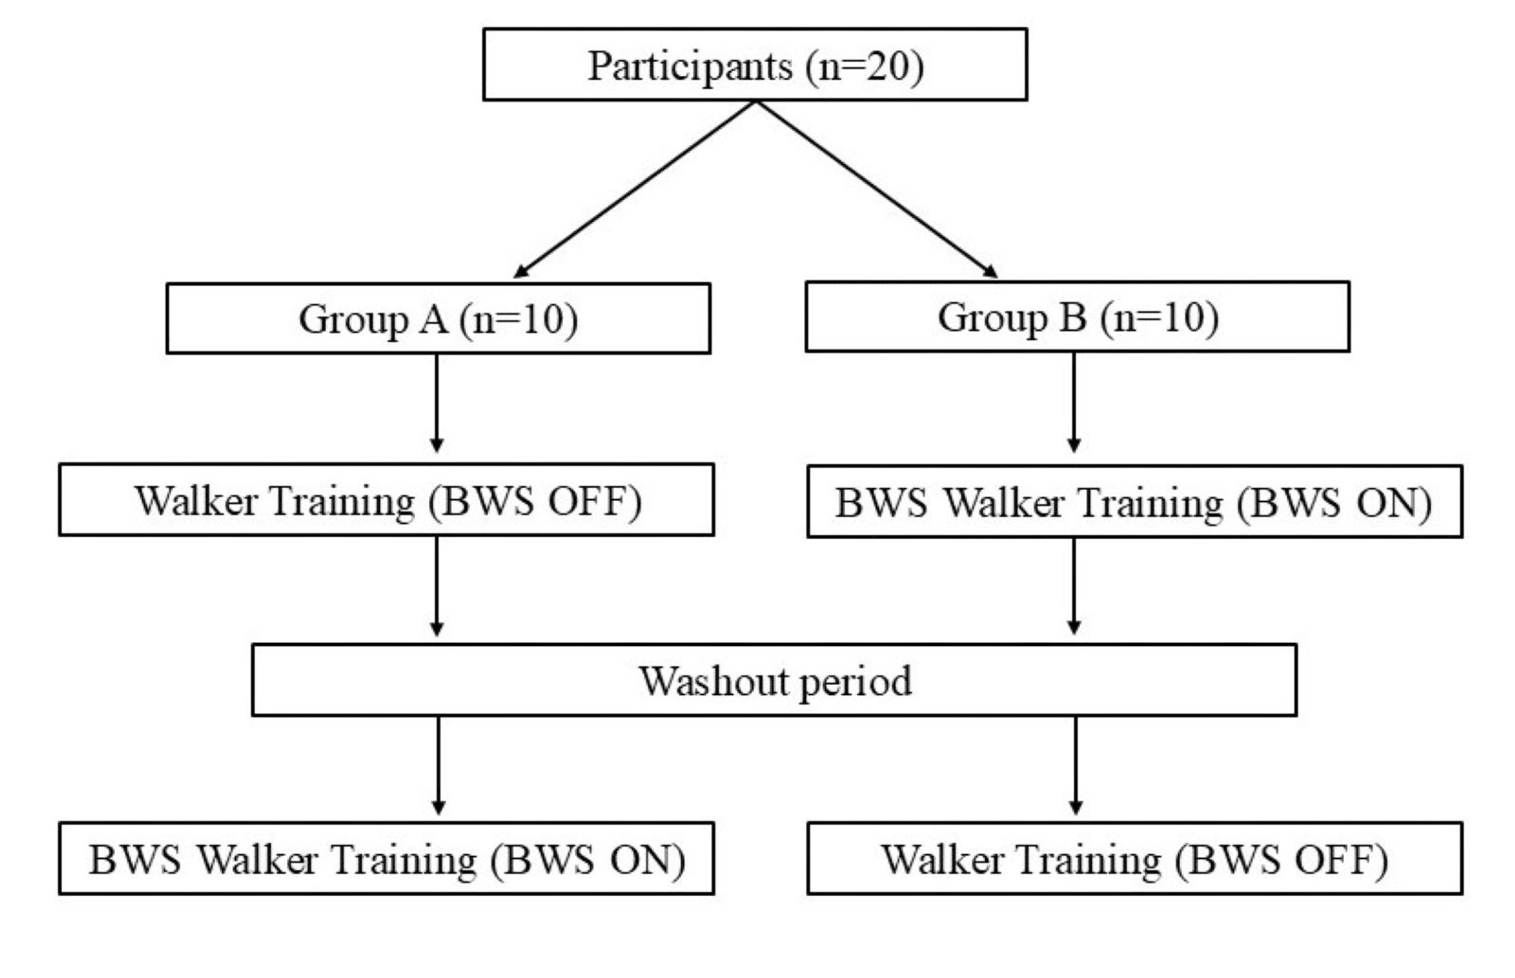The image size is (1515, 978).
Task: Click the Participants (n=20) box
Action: pos(754,64)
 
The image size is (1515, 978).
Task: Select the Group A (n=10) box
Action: pos(438,318)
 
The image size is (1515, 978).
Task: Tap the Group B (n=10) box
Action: pos(1077,316)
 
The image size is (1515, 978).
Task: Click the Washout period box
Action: pos(774,681)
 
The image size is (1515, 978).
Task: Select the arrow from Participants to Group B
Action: pos(877,189)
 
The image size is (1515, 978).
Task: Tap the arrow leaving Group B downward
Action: pos(1074,401)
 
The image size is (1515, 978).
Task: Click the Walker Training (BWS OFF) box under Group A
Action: pos(386,500)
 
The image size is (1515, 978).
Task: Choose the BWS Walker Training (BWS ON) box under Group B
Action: pos(1135,502)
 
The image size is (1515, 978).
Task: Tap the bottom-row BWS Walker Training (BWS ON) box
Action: pos(386,859)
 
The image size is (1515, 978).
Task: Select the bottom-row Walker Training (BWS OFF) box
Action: pos(1135,859)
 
